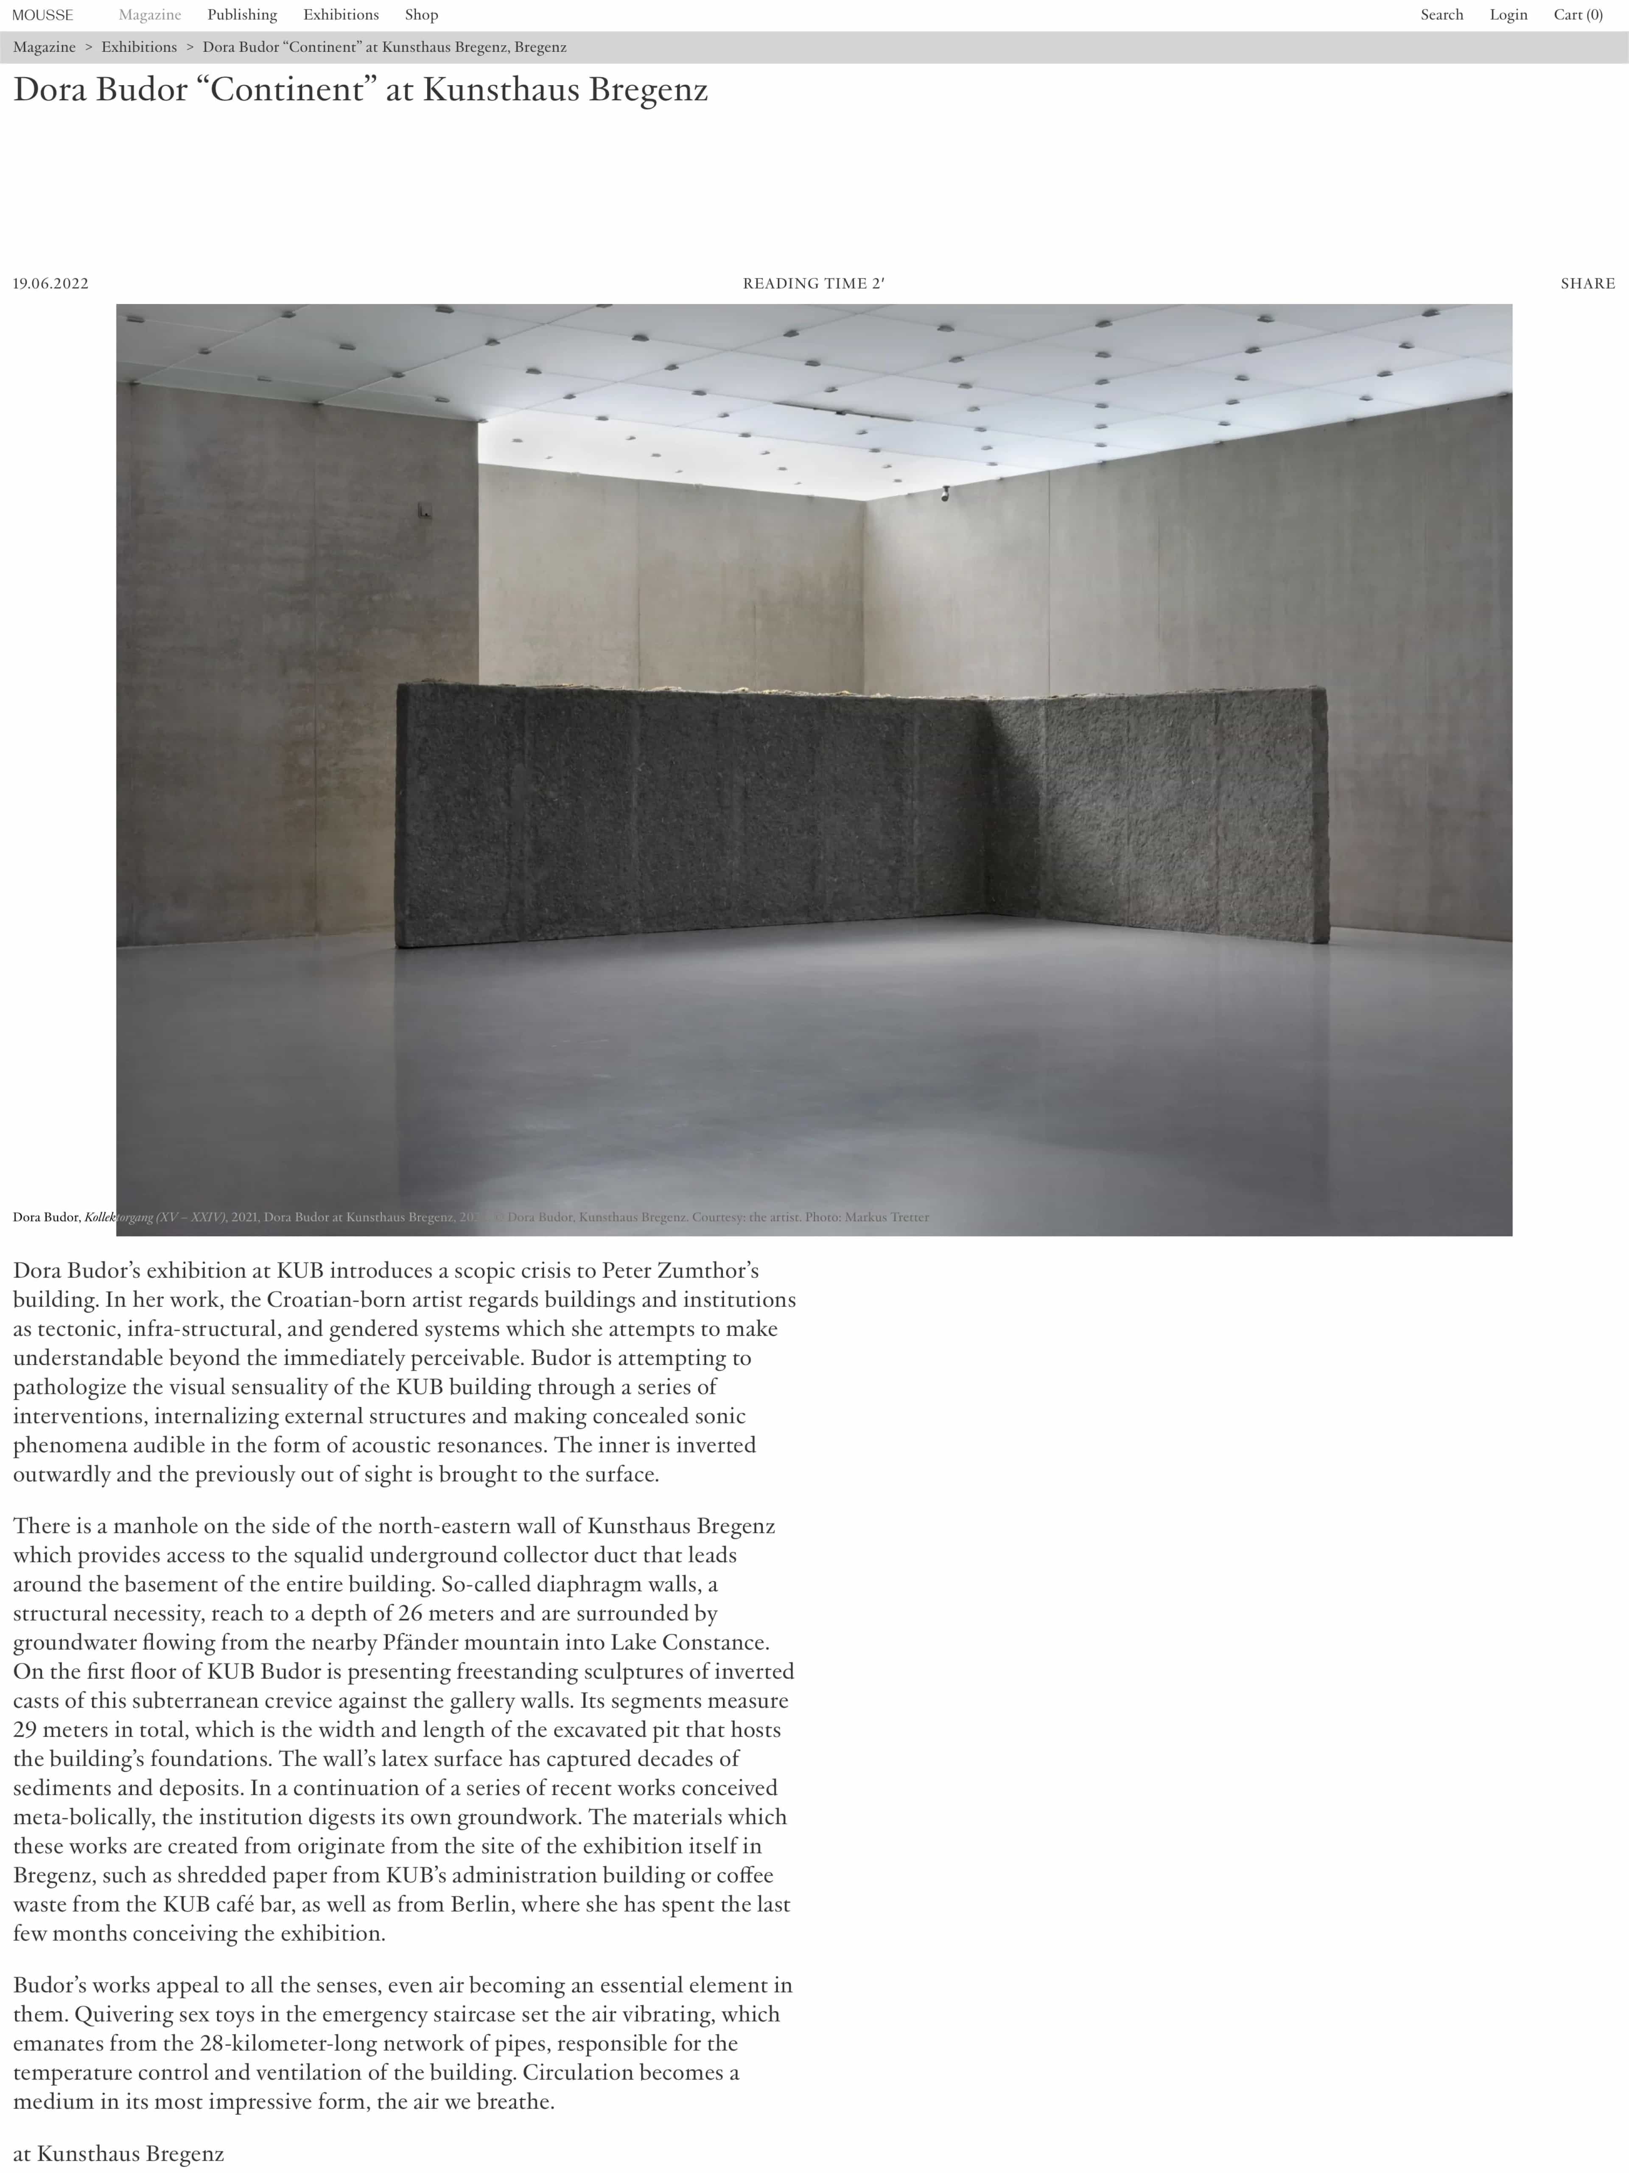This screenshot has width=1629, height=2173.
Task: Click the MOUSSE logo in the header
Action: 42,15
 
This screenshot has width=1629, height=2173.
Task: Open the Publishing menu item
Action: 241,15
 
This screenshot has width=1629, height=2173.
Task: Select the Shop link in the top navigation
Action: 421,15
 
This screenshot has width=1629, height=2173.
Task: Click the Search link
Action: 1441,15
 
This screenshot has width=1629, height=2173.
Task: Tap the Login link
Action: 1507,15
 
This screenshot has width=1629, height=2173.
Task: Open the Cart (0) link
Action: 1577,15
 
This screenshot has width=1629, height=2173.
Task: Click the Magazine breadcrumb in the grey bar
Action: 44,47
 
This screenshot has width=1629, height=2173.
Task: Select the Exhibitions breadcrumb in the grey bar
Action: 138,47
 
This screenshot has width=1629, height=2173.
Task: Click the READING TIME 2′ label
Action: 813,284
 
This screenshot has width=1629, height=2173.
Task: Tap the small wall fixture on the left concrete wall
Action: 424,510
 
